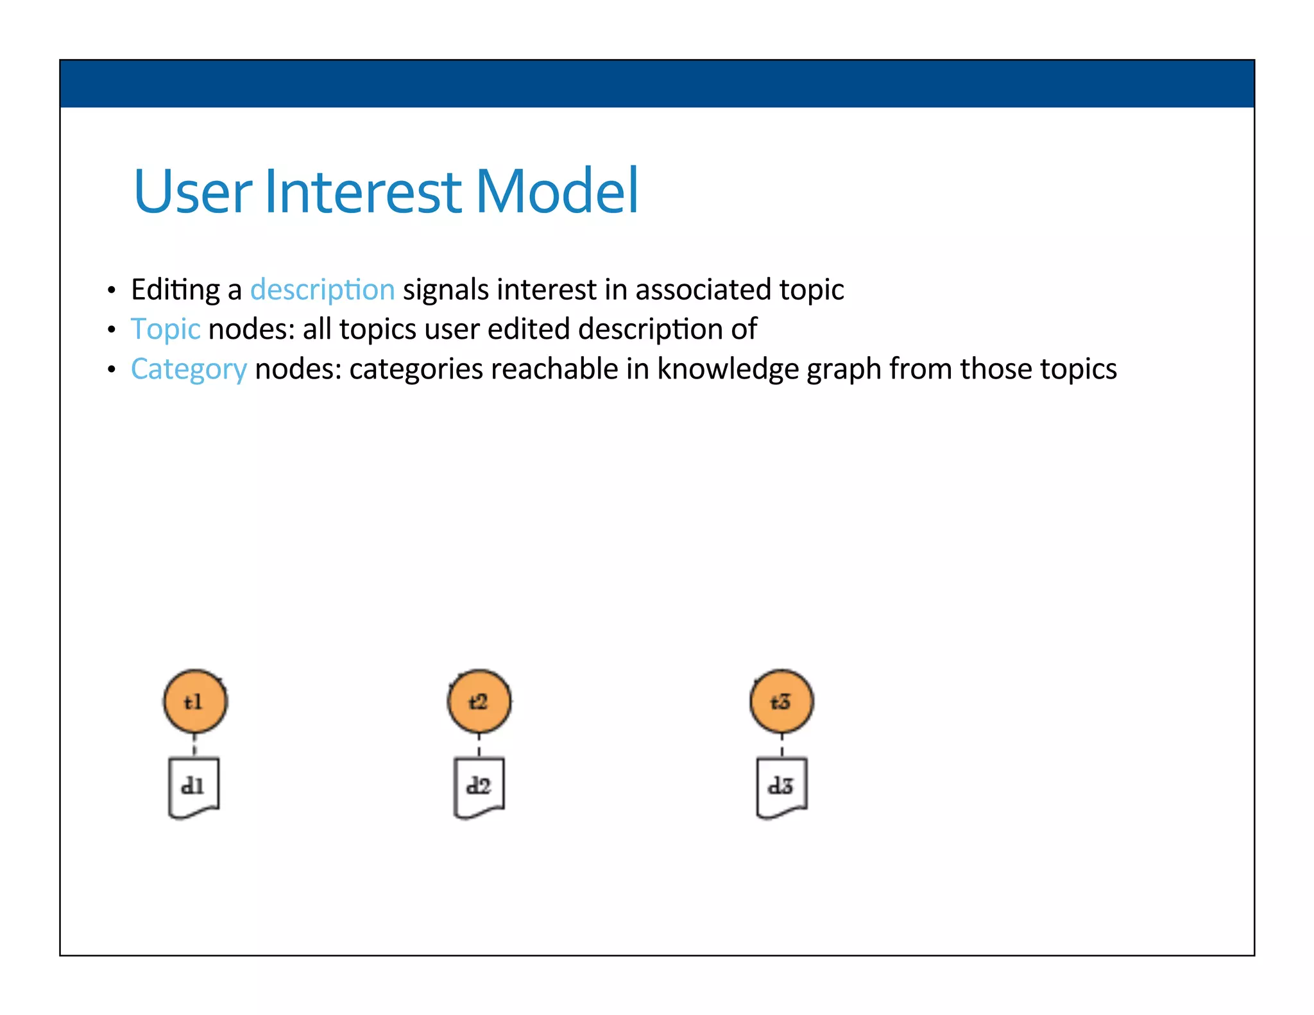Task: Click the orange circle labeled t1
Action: click(195, 701)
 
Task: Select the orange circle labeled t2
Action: click(479, 701)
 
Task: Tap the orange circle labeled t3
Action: click(781, 701)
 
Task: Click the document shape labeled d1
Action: click(193, 787)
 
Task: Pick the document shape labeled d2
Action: click(479, 787)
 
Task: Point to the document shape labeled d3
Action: click(781, 787)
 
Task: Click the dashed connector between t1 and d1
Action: click(194, 746)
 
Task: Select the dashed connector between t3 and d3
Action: click(781, 746)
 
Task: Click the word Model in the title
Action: click(556, 191)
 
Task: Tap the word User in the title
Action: click(192, 191)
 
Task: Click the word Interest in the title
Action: click(363, 191)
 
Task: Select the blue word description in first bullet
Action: click(322, 289)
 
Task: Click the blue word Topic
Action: click(166, 329)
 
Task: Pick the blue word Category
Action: click(189, 370)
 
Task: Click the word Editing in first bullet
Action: click(176, 289)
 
